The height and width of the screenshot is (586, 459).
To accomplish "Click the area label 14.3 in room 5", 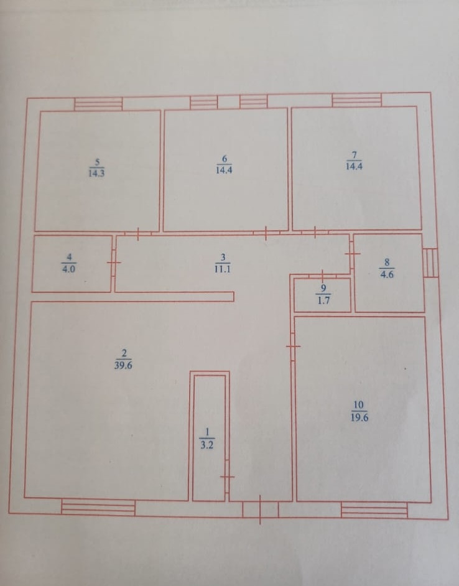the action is click(97, 174).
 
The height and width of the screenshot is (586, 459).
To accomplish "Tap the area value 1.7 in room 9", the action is click(323, 300).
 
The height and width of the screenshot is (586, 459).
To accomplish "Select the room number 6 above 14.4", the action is click(224, 158).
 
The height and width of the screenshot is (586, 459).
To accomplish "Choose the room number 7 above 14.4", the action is click(353, 155).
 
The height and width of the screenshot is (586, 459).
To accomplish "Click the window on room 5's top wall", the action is click(98, 104).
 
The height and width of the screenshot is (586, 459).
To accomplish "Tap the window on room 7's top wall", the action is click(356, 100).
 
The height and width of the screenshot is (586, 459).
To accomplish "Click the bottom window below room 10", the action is click(374, 510).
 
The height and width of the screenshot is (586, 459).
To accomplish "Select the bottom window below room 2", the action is click(98, 508).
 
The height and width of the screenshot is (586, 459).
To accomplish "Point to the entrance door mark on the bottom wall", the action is click(261, 509).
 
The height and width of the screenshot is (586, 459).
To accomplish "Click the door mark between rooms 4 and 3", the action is click(114, 263).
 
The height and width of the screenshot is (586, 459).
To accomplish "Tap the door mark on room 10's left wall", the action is click(293, 345).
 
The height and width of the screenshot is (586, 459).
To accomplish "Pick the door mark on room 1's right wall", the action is click(228, 477).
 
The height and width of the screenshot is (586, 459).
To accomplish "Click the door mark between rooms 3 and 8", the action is click(352, 254).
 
